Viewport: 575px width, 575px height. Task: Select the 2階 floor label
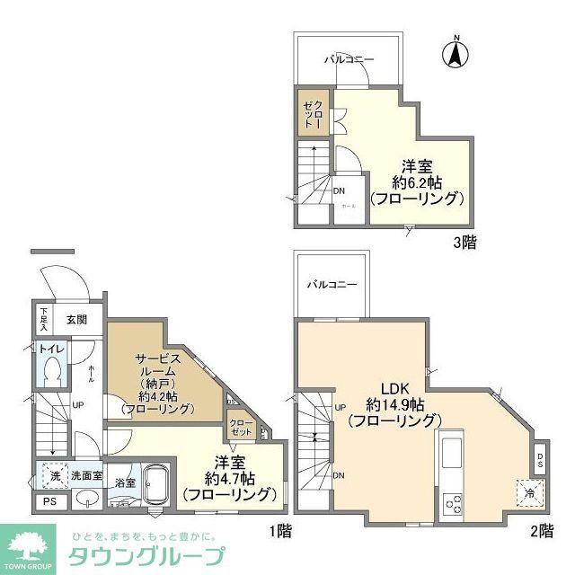pyautogui.click(x=541, y=530)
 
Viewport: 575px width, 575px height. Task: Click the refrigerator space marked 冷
pyautogui.click(x=530, y=491)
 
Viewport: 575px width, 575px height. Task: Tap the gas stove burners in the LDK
pyautogui.click(x=452, y=505)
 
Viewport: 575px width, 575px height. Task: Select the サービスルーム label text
pyautogui.click(x=164, y=365)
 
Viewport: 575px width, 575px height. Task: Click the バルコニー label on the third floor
pyautogui.click(x=349, y=59)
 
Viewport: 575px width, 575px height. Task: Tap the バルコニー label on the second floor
pyautogui.click(x=332, y=284)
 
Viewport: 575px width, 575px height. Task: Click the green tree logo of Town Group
pyautogui.click(x=31, y=547)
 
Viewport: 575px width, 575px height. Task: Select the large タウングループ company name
pyautogui.click(x=147, y=553)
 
